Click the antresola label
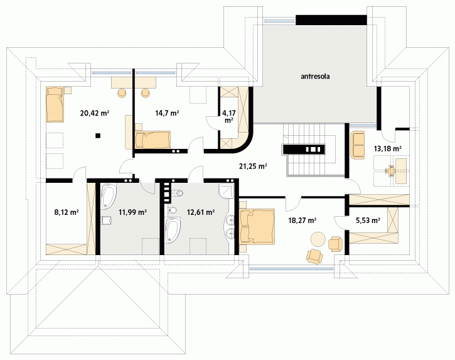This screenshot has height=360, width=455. pyautogui.click(x=315, y=77)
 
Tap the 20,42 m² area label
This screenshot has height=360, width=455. pyautogui.click(x=95, y=113)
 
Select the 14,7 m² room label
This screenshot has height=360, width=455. pyautogui.click(x=167, y=113)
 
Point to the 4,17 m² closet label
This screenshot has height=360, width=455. pyautogui.click(x=229, y=116)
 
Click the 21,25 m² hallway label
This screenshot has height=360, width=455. pyautogui.click(x=253, y=166)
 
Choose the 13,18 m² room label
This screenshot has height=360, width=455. pyautogui.click(x=388, y=149)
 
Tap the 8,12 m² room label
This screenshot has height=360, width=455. pyautogui.click(x=67, y=212)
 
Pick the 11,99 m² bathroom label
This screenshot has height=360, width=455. pyautogui.click(x=132, y=212)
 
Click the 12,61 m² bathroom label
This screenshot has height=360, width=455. pyautogui.click(x=201, y=212)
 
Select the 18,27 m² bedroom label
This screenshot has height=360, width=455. pyautogui.click(x=302, y=221)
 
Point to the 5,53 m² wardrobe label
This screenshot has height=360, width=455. pyautogui.click(x=368, y=221)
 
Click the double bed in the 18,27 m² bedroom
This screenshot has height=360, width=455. pyautogui.click(x=257, y=226)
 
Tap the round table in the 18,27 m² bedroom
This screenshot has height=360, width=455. pyautogui.click(x=318, y=239)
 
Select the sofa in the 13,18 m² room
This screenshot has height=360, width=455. pyautogui.click(x=358, y=145)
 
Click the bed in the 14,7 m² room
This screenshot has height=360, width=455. pyautogui.click(x=153, y=139)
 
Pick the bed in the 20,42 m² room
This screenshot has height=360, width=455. pyautogui.click(x=55, y=105)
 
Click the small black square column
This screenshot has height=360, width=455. pyautogui.click(x=99, y=135)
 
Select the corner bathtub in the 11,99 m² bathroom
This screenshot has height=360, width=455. pyautogui.click(x=109, y=196)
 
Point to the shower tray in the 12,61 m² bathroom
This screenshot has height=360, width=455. pyautogui.click(x=227, y=191)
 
